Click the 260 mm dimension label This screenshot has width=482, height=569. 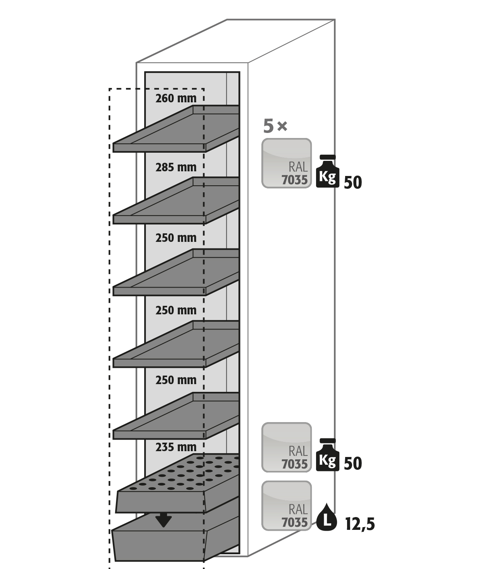coord(176,98)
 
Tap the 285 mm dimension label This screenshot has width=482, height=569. coord(176,167)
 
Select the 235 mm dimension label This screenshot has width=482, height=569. coord(176,447)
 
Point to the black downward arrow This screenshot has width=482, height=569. coord(163,520)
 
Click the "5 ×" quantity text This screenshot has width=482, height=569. coord(275,126)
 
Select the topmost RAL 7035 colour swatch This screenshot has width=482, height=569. coord(287,163)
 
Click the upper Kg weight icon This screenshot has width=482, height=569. coord(328,171)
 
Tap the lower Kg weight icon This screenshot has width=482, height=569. coord(328,455)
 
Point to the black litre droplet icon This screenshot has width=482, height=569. coord(327,517)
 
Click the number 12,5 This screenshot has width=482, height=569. coord(360,524)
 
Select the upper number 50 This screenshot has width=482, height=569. coord(353,182)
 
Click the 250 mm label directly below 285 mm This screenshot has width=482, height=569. coord(176,238)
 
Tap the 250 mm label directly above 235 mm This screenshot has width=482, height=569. coord(176,380)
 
